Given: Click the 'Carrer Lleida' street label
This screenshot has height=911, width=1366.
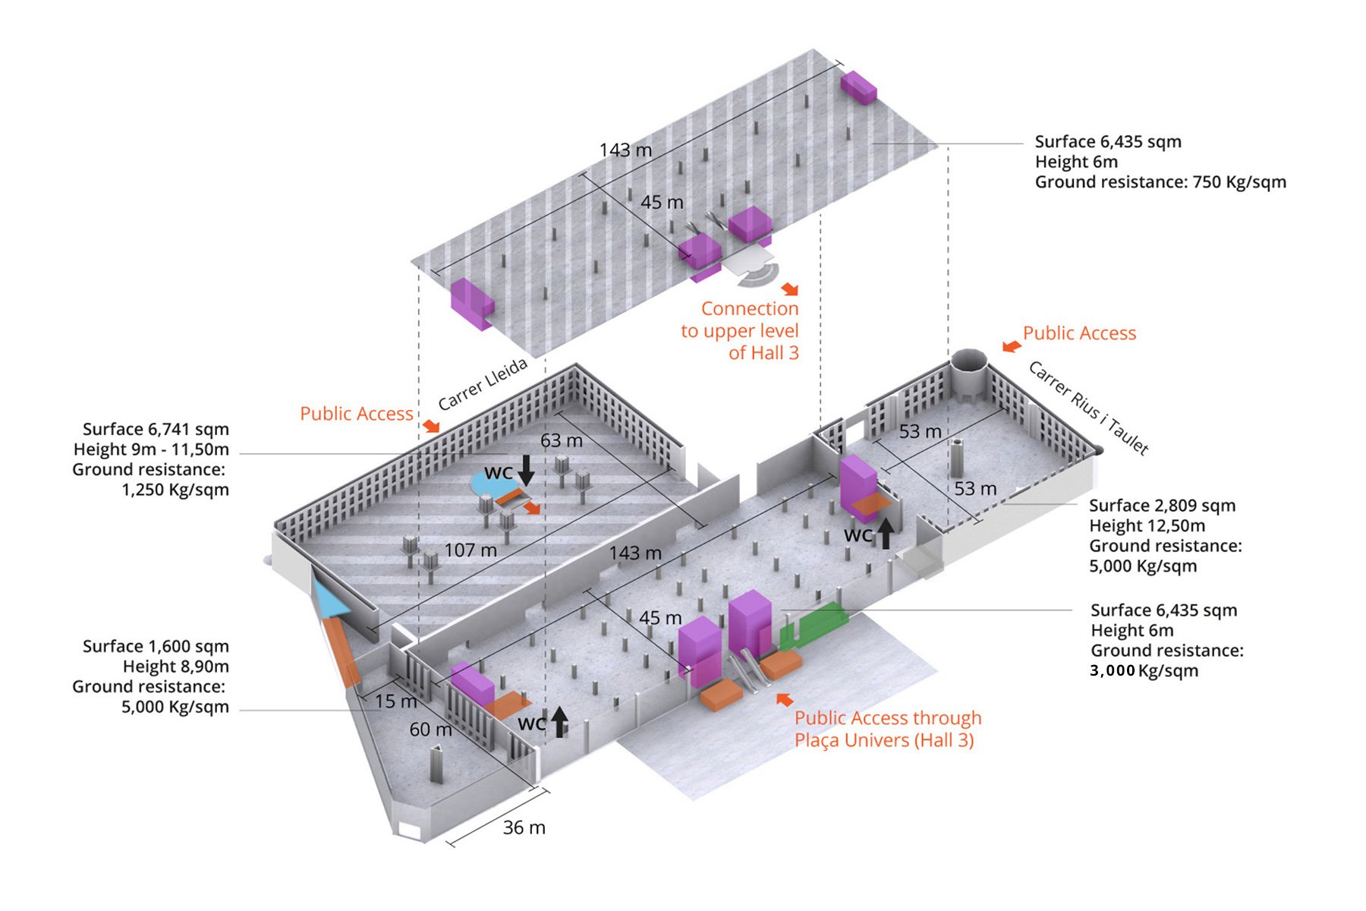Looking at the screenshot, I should [483, 384].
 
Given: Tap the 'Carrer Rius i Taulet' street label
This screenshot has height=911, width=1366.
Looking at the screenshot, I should [1088, 408].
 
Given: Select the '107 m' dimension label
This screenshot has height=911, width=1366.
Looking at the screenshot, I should [471, 550].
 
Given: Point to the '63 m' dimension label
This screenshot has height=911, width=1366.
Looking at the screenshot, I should [562, 440].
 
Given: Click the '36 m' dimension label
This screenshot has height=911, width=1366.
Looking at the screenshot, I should [524, 827].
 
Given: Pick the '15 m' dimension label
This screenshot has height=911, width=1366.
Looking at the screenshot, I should [395, 701].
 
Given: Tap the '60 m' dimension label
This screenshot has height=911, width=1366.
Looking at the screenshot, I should [430, 730].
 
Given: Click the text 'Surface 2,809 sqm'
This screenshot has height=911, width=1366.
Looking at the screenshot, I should [1162, 506].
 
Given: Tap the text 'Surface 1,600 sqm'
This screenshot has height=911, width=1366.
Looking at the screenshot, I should [156, 646].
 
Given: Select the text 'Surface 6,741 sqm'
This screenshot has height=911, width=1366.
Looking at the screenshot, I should [156, 429].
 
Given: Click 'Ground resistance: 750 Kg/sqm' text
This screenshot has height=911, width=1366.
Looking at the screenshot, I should [1160, 182].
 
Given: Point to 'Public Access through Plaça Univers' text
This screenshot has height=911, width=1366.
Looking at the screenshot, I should [887, 729].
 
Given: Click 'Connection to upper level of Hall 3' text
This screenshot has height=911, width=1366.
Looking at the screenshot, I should [741, 330].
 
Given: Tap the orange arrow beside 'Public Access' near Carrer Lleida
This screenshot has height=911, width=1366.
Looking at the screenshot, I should [431, 426].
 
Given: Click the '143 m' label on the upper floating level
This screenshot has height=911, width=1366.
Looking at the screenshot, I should [625, 150].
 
